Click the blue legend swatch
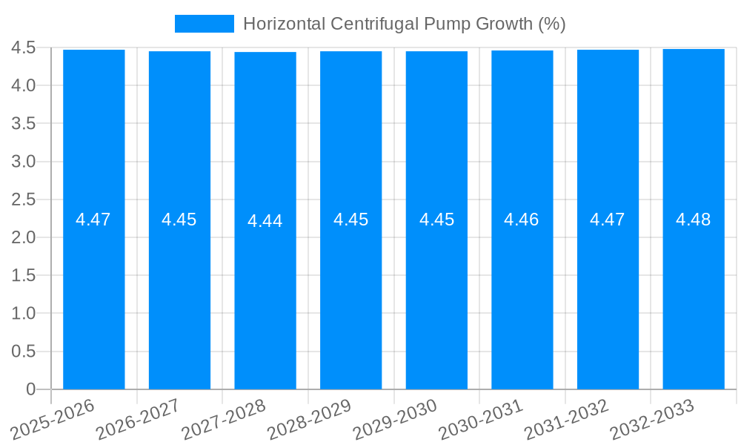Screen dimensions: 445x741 point(204,24)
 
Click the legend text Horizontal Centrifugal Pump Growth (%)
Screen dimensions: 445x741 point(404,24)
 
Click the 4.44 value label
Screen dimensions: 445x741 point(265,221)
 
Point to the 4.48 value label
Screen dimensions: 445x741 point(694,220)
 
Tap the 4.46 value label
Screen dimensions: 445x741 point(522,220)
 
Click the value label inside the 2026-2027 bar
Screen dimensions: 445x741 point(179,220)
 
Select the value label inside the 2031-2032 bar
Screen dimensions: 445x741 point(608,220)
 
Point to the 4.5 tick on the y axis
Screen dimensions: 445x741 point(24,47)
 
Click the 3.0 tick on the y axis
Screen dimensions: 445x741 point(24,162)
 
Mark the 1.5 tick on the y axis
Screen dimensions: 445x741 point(24,275)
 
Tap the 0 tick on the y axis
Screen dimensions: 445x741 point(30,389)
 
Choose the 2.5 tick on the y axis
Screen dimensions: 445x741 point(24,200)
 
